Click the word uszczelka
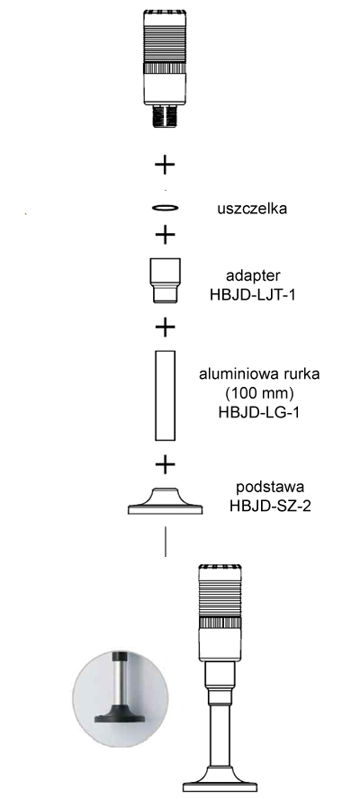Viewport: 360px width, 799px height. pos(251,209)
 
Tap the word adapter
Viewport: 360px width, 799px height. pos(253,276)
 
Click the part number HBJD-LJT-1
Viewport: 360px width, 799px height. pos(253,294)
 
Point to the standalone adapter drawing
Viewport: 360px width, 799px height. pos(165,280)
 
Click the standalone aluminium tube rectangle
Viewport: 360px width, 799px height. pos(166,395)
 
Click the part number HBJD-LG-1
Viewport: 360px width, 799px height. pos(258,411)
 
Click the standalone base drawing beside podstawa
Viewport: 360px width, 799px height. pos(166,501)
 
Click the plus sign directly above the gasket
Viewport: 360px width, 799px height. pos(165,165)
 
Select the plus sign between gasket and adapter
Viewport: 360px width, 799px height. pos(165,235)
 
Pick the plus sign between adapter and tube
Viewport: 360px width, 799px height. pos(165,327)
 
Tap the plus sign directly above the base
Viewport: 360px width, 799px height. pos(165,464)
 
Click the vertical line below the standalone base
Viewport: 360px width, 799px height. pos(166,541)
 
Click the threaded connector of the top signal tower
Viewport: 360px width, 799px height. pos(164,115)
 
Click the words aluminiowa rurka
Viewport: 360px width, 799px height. pos(259,374)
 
